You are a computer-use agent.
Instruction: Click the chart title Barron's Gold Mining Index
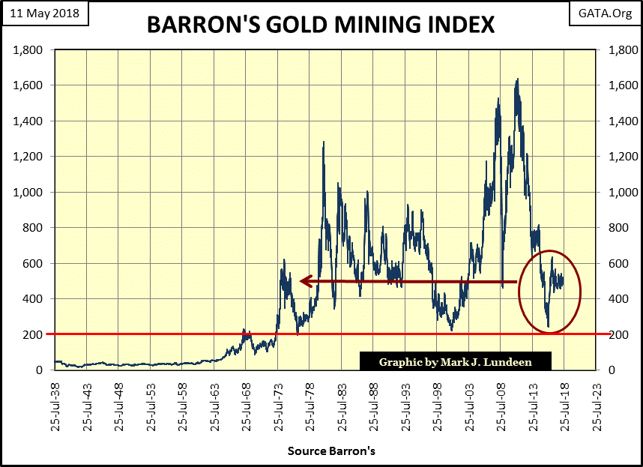[321, 24]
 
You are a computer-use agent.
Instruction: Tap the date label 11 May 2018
[45, 13]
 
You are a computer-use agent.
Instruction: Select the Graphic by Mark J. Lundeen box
[455, 361]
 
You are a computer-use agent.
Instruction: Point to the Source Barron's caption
[330, 452]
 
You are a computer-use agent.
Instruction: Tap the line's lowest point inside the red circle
[549, 326]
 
